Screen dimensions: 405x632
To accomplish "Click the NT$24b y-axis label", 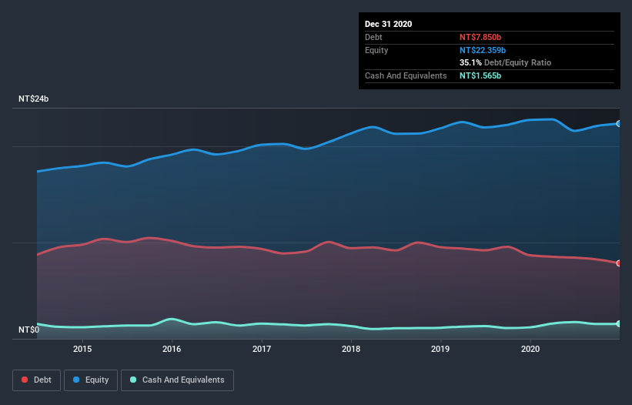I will (34, 99).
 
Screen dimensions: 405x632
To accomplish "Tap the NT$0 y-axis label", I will (28, 330).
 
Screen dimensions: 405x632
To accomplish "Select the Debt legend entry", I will (37, 380).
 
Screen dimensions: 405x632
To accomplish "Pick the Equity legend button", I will (91, 380).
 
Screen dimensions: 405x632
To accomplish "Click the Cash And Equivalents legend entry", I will (177, 380).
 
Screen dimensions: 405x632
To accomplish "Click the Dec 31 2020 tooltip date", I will (388, 24).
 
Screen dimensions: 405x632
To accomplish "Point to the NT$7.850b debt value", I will (480, 37).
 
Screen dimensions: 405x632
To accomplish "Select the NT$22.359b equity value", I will (483, 50).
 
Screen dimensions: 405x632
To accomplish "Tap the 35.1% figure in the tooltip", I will (470, 62).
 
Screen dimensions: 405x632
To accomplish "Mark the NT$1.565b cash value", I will (480, 75).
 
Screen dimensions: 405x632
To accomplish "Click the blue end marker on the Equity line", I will (619, 123).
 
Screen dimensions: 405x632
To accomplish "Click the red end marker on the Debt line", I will (619, 263).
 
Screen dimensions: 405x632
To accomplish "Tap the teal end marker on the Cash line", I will (619, 324).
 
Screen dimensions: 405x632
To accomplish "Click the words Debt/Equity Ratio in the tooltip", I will (517, 62).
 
